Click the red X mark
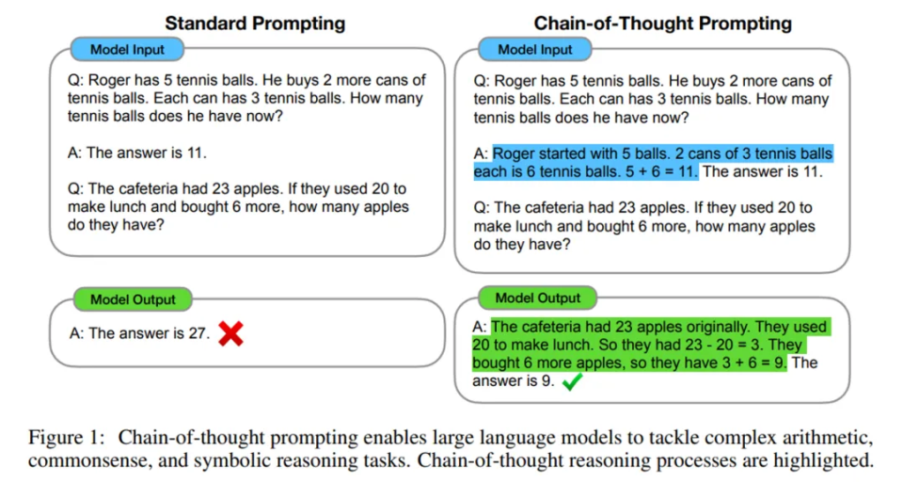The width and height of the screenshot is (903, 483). tap(230, 333)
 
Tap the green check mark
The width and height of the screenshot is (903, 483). tap(572, 381)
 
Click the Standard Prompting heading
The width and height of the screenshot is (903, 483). tap(255, 23)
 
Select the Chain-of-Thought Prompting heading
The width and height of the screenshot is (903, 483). tap(662, 23)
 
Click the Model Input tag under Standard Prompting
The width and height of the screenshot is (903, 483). tap(127, 49)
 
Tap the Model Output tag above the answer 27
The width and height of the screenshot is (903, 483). tap(133, 299)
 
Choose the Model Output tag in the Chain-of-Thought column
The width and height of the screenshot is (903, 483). tap(538, 298)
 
